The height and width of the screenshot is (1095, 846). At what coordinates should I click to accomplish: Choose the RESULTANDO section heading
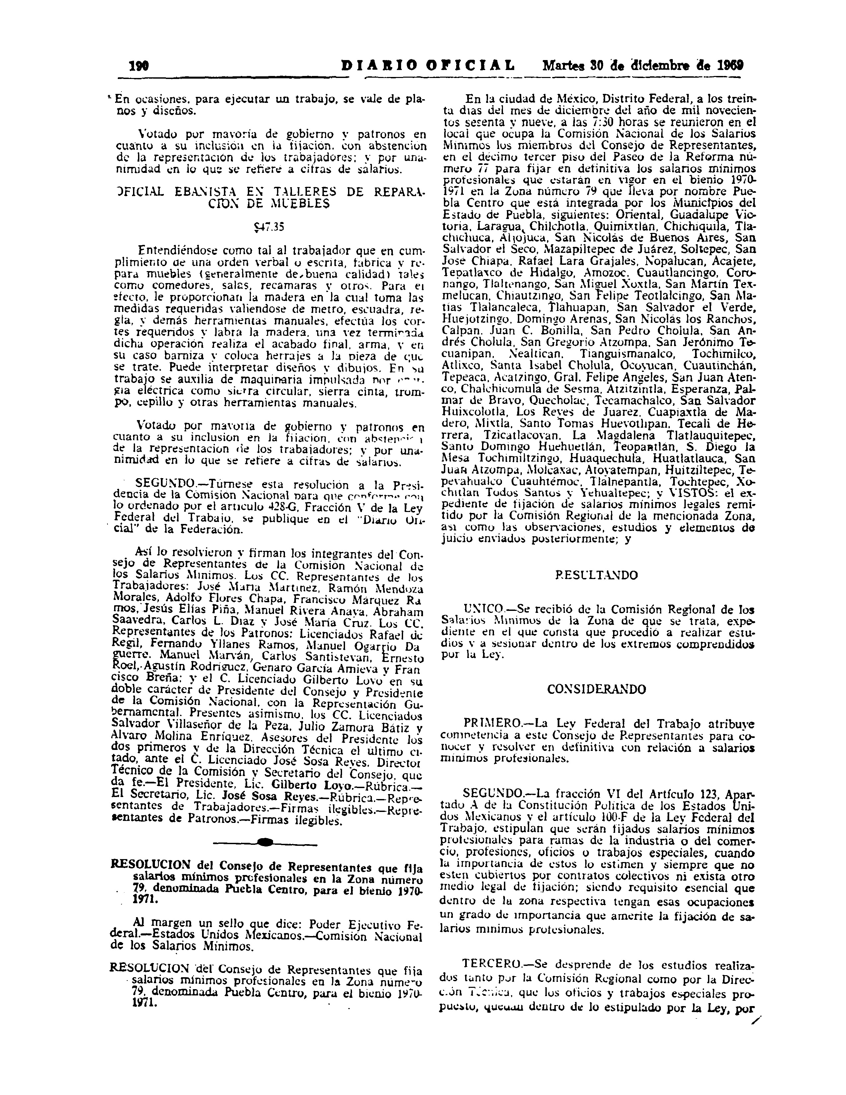tap(597, 575)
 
